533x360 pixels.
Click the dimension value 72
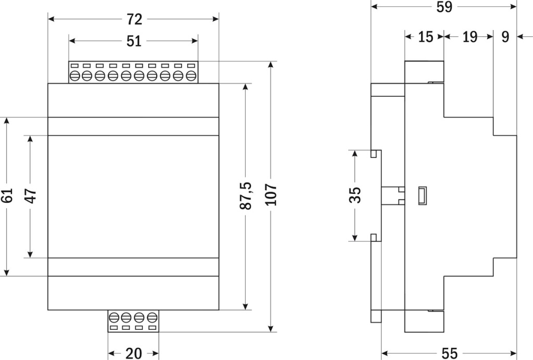click(134, 19)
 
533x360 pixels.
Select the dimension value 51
click(134, 41)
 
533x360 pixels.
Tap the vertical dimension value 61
click(7, 196)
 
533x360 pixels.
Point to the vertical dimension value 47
click(31, 196)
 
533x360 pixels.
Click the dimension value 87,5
click(246, 196)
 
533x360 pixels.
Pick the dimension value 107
click(271, 196)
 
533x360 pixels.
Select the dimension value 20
click(133, 353)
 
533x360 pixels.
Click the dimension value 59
click(444, 7)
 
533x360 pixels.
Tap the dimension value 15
click(425, 36)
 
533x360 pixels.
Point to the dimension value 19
click(469, 36)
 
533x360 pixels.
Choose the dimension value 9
click(504, 36)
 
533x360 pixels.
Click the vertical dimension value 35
click(355, 196)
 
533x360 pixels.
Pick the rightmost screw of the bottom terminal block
click(152, 317)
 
